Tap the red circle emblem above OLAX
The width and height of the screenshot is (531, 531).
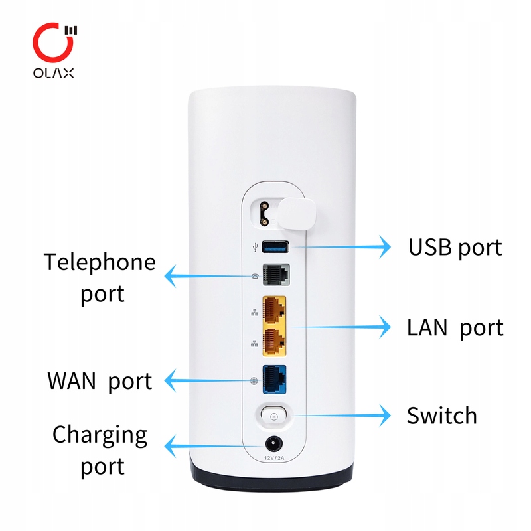(50, 40)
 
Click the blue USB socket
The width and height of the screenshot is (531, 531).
(275, 248)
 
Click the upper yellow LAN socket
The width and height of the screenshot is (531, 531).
(275, 308)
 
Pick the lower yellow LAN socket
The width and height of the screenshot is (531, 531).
(275, 342)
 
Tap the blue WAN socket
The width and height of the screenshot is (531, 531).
(274, 380)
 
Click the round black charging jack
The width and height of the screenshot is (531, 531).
(273, 443)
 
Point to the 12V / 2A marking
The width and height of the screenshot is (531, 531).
(273, 458)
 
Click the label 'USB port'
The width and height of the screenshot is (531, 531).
(455, 248)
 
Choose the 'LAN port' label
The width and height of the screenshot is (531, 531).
(455, 327)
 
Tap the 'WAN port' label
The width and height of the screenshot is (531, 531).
(100, 381)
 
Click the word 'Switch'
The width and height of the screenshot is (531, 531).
(441, 416)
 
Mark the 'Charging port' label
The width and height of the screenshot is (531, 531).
(100, 450)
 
